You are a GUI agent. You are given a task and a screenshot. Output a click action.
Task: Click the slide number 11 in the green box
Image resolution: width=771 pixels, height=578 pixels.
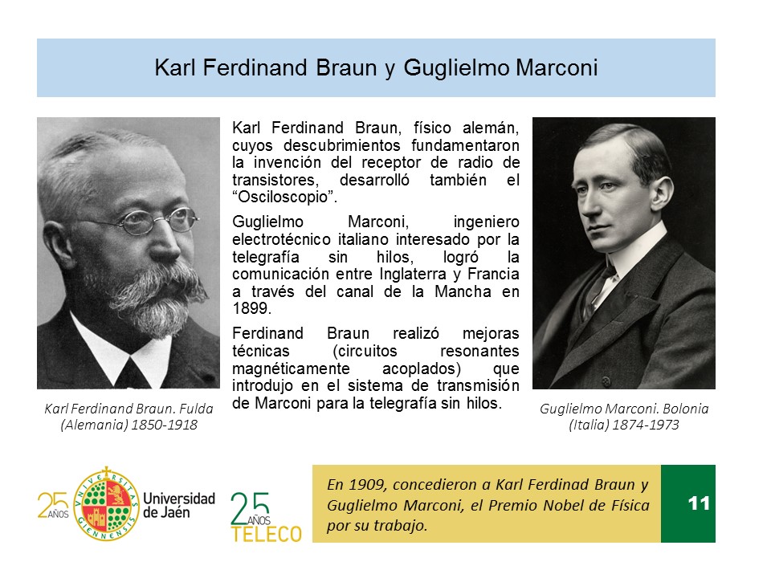(x=699, y=503)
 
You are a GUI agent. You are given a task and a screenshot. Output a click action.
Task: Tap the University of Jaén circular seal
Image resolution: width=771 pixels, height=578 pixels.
(x=106, y=505)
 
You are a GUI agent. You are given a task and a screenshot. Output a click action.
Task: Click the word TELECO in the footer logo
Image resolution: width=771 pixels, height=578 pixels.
(x=266, y=535)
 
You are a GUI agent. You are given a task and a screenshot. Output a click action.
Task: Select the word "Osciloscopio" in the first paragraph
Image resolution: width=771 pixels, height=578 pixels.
(x=284, y=197)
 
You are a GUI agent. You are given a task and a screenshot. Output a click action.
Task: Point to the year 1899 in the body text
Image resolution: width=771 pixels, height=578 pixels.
(x=251, y=308)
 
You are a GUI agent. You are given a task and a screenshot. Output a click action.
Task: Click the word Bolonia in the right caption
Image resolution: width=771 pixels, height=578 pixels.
(x=685, y=409)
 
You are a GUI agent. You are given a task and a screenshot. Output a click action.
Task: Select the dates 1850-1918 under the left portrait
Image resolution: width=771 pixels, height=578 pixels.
(x=164, y=425)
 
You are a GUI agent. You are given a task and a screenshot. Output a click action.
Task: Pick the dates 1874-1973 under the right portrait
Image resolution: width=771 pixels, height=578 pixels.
(x=645, y=425)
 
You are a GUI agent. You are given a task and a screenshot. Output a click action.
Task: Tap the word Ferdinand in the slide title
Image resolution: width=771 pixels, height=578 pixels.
(x=255, y=67)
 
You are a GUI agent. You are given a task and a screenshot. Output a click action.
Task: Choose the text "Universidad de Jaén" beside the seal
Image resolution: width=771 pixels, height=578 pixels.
(x=179, y=505)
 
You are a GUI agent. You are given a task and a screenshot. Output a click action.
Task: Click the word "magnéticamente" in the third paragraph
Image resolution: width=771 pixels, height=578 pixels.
(x=291, y=368)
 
